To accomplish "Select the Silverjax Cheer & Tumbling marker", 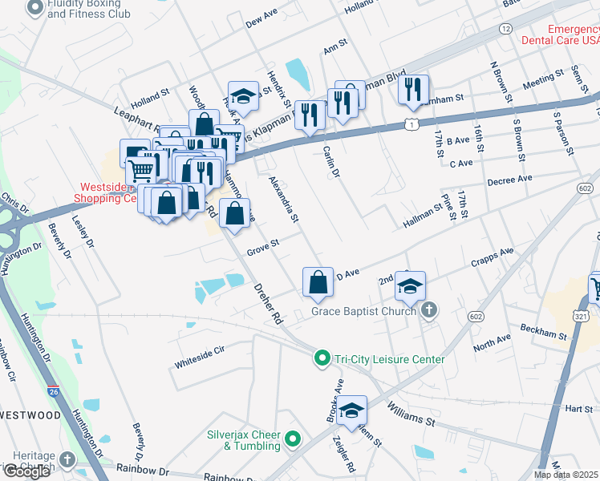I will click(293, 439).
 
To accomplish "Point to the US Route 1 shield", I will click(411, 124).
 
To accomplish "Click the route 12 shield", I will click(505, 28).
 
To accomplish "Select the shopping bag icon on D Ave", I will click(318, 282).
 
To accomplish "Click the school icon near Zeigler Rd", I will click(351, 410).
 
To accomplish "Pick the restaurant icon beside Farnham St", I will click(413, 90).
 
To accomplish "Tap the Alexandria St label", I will click(283, 200).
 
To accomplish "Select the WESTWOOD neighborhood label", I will click(30, 415).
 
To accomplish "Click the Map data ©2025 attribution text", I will click(566, 475).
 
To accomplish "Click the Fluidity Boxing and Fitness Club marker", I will click(35, 8).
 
